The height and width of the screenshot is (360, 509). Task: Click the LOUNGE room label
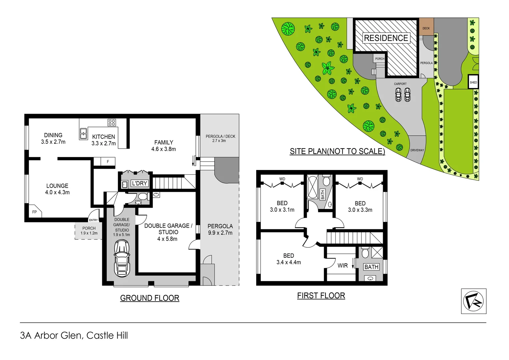point(57,186)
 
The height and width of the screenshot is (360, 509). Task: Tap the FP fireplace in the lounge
point(34,212)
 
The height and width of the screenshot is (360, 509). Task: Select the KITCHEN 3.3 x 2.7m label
point(104,140)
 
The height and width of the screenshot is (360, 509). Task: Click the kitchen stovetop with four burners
point(112,122)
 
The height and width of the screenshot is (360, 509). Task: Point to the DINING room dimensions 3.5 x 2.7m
point(53,142)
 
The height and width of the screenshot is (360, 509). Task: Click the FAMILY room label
point(164,142)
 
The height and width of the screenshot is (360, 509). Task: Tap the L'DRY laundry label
point(139,183)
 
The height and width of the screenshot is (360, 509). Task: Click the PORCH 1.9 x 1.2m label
point(89,231)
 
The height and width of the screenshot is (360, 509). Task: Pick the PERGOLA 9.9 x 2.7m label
point(220,229)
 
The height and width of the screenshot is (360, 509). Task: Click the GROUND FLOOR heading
point(150,298)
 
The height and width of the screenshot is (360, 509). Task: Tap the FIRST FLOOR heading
point(321,296)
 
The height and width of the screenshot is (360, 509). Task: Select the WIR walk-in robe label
point(342,266)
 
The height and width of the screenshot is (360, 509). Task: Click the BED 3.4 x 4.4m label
point(288,259)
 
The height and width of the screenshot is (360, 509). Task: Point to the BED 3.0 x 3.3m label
point(360,207)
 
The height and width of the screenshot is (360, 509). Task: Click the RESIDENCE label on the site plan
point(386,38)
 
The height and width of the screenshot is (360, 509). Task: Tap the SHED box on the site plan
point(473,82)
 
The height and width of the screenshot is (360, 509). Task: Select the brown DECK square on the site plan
point(426,26)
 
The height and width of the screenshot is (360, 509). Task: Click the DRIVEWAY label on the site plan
point(417,150)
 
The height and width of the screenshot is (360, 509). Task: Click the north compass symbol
point(473,301)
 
